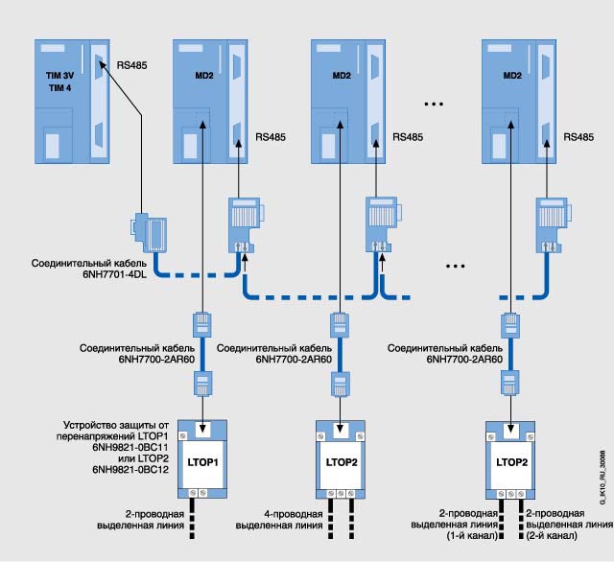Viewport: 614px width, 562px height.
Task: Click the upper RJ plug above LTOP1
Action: tap(204, 324)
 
